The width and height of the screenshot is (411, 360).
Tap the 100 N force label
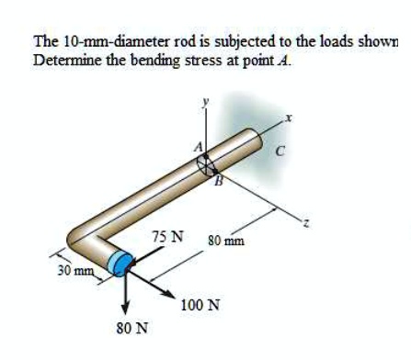tap(200, 305)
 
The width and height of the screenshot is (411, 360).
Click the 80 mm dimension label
tap(224, 241)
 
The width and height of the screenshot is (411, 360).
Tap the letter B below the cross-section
tap(218, 181)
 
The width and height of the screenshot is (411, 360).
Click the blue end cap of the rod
tap(119, 264)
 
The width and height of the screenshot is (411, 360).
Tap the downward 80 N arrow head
tap(128, 309)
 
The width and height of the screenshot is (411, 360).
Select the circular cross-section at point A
tap(207, 163)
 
